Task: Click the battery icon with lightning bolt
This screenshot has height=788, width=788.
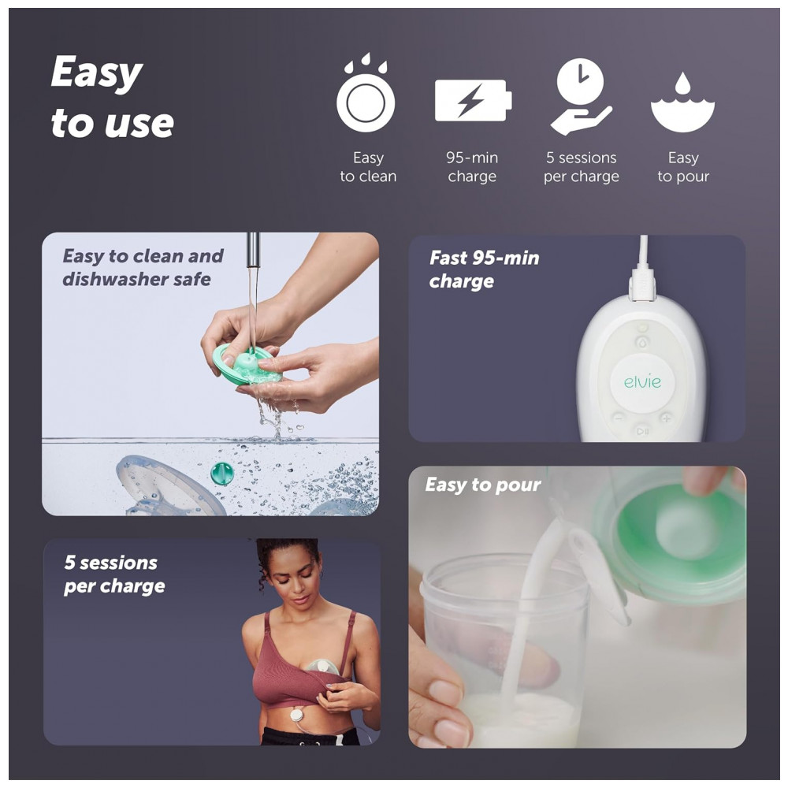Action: [x=473, y=100]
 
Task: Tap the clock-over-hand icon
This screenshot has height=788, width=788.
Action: [x=581, y=96]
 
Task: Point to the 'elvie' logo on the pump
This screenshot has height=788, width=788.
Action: [x=642, y=382]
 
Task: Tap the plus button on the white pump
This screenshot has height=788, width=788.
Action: [x=667, y=418]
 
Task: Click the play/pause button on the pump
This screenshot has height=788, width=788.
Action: [x=643, y=431]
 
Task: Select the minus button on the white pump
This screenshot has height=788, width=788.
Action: [x=619, y=418]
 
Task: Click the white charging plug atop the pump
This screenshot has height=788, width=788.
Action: [x=643, y=284]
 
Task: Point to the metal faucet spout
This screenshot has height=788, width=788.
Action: [x=253, y=251]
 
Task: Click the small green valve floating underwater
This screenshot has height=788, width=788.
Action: [x=222, y=474]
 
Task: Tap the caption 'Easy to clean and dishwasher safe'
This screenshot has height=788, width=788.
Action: [x=143, y=267]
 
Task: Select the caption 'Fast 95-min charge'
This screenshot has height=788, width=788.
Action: [x=484, y=269]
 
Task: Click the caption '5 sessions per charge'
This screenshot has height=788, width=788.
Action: [x=114, y=574]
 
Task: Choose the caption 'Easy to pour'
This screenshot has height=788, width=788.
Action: [x=483, y=485]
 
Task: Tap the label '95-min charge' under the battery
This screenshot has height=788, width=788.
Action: [x=472, y=167]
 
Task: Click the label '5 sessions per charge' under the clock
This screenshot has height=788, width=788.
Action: [x=582, y=167]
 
